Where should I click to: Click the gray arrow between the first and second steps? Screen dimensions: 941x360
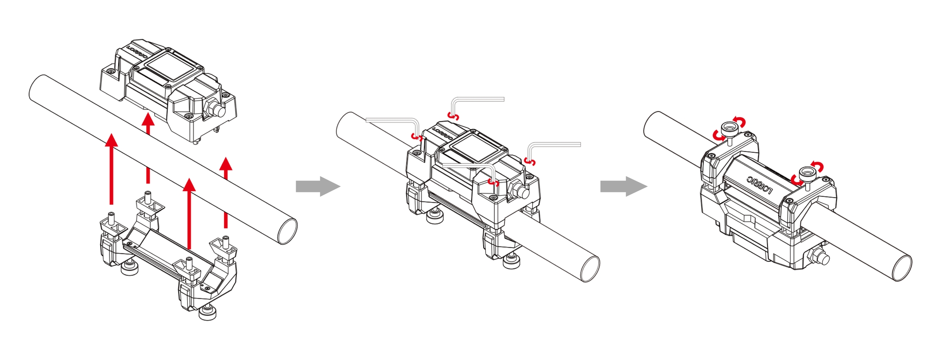(318, 186)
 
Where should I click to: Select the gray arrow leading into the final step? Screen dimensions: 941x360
(624, 186)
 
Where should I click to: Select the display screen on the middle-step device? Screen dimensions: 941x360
(475, 148)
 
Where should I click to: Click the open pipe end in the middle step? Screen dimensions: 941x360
(590, 269)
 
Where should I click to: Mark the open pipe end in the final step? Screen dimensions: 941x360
(902, 268)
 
